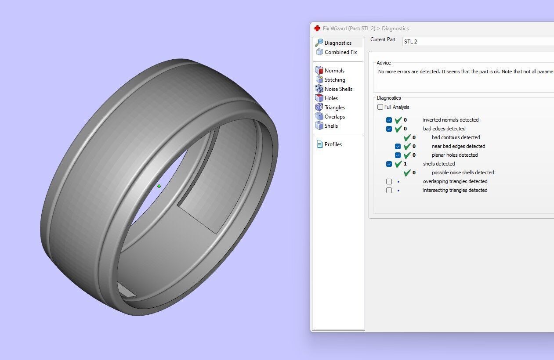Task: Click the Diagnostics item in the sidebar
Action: (x=337, y=43)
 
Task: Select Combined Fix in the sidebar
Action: (x=340, y=52)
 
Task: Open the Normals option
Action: (x=334, y=71)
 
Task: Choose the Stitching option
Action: (x=334, y=80)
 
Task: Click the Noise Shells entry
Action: (x=338, y=89)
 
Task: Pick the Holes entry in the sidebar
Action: (x=331, y=98)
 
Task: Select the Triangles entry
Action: (x=334, y=108)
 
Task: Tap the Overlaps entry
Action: (x=334, y=117)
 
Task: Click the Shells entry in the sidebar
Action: (x=331, y=126)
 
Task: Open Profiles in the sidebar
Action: (x=333, y=144)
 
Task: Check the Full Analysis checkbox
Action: (x=380, y=107)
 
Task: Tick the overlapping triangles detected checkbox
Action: (x=389, y=181)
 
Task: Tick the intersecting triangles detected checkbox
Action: (x=389, y=190)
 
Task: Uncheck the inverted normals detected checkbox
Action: (x=389, y=120)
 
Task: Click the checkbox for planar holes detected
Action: (x=398, y=155)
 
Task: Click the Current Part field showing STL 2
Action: (x=477, y=42)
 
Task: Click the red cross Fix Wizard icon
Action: (x=317, y=29)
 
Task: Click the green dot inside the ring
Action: (x=159, y=186)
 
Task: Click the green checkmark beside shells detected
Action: (x=398, y=164)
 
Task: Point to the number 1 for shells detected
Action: (x=405, y=164)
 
